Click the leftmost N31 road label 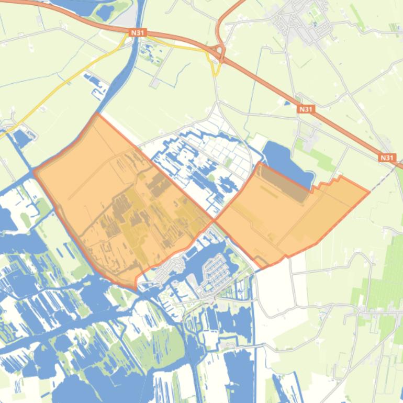point(137,32)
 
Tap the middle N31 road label point(306,109)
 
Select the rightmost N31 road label point(387,158)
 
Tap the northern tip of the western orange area point(96,114)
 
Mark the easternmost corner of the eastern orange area point(369,192)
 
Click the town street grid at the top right point(301,24)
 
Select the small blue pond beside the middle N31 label point(287,103)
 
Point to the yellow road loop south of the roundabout point(215,65)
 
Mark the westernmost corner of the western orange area point(35,171)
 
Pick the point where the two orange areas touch point(214,220)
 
